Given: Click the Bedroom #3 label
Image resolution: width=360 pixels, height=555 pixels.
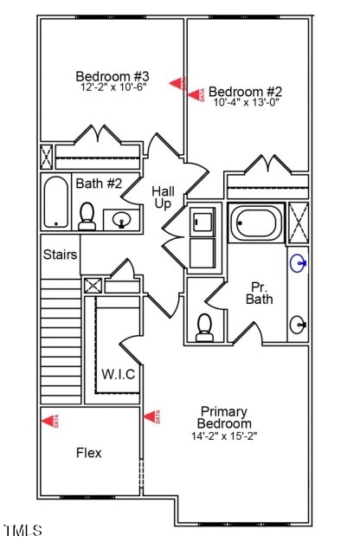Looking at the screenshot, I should point(113,75).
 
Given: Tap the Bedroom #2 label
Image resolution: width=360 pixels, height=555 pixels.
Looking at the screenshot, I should point(246,91).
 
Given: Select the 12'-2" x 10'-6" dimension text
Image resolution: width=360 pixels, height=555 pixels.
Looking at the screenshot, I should point(113,87).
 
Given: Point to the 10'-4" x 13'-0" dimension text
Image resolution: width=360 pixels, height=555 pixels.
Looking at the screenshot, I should point(246,102).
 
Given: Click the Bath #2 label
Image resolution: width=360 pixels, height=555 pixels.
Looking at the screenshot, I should point(99,184).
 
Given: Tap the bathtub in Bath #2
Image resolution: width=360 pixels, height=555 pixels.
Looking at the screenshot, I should point(56,203).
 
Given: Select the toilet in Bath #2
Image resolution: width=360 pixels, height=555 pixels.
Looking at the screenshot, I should point(87,216).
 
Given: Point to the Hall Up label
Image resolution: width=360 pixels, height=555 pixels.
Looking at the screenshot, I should point(163,197).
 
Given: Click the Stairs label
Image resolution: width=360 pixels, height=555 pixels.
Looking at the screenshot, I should point(61,255).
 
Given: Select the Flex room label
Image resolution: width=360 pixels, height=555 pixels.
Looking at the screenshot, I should point(88,453).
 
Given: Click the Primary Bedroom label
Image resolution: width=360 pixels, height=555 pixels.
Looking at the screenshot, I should point(224,417).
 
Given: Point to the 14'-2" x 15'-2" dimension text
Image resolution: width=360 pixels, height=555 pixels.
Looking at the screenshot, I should point(224,436).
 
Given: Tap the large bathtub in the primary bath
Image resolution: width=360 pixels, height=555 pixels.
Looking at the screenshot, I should point(256,223).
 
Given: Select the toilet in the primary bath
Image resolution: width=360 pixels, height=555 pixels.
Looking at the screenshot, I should point(205,326).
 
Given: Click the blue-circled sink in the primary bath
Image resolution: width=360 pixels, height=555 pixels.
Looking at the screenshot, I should point(299,261).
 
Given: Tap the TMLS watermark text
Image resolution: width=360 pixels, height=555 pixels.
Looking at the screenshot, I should point(22,530).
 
